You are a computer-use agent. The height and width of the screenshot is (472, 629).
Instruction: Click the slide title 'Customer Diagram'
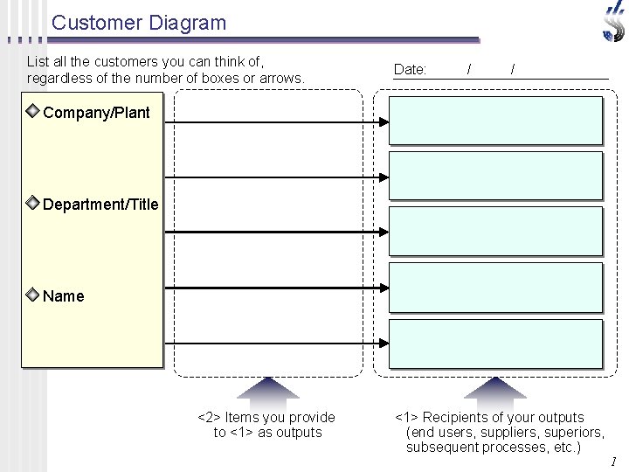(x=138, y=23)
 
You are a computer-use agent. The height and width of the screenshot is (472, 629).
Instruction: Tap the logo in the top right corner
(x=614, y=21)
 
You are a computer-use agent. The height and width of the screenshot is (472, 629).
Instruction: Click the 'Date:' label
(x=410, y=69)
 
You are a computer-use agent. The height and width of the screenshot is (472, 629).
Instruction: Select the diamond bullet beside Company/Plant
(x=32, y=112)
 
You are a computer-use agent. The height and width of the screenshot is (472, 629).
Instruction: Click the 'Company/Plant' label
(x=96, y=113)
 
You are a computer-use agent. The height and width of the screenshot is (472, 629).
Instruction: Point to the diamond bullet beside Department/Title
(x=32, y=204)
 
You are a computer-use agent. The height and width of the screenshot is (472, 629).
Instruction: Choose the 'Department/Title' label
(x=100, y=205)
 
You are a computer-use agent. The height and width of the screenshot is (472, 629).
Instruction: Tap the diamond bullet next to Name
(x=32, y=295)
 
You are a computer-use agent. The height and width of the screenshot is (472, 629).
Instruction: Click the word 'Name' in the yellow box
(x=64, y=296)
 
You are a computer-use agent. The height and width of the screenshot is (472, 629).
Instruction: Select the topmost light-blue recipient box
(x=495, y=121)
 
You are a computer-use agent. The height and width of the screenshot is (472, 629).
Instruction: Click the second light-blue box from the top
(x=495, y=176)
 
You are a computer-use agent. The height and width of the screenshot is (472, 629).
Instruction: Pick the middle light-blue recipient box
(x=495, y=232)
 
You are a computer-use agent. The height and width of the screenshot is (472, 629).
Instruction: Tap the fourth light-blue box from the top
(x=495, y=288)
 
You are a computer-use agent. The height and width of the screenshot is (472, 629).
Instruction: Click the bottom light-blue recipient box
(x=495, y=344)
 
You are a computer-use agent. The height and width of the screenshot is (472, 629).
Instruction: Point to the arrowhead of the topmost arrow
(x=382, y=122)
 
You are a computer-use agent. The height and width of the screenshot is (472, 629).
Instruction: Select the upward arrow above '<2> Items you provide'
(x=267, y=388)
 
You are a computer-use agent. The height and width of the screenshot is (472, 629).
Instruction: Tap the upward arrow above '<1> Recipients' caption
(x=494, y=388)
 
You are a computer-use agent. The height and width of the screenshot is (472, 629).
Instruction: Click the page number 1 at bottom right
(x=613, y=462)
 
